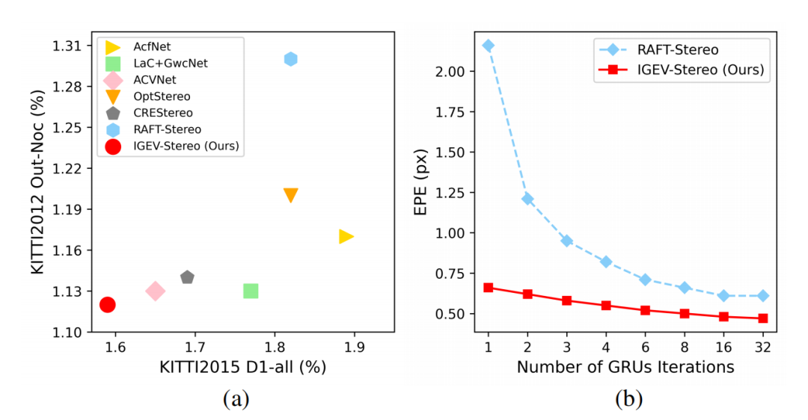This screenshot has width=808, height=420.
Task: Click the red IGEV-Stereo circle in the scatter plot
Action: (107, 304)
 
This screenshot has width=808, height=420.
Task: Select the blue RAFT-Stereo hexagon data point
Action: (291, 59)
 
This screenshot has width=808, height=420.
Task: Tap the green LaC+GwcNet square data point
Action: (251, 291)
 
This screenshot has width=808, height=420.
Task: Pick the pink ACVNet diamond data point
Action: (155, 291)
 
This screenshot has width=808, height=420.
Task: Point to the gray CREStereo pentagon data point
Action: (187, 277)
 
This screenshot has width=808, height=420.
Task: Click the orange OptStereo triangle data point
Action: (291, 195)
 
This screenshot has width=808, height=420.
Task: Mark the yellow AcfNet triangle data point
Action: (346, 236)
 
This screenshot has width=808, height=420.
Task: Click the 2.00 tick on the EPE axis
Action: (448, 72)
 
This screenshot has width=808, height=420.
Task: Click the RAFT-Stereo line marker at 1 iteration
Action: (489, 46)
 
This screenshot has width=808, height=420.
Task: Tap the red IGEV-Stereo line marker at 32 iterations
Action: (762, 318)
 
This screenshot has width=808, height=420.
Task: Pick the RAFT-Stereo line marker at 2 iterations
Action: (527, 199)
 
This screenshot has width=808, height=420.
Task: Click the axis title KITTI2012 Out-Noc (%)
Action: (39, 187)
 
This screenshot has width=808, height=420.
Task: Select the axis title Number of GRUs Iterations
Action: (625, 367)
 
